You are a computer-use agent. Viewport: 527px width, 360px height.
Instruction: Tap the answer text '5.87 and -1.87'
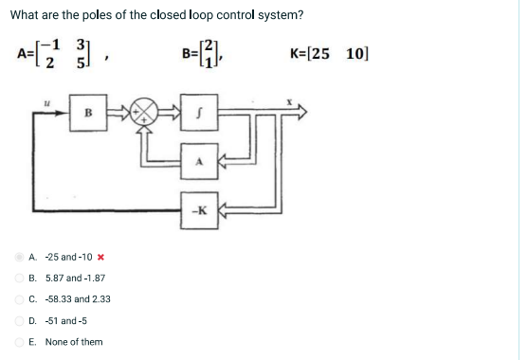[x=73, y=278]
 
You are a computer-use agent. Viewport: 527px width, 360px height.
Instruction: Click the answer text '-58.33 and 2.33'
[x=76, y=298]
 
